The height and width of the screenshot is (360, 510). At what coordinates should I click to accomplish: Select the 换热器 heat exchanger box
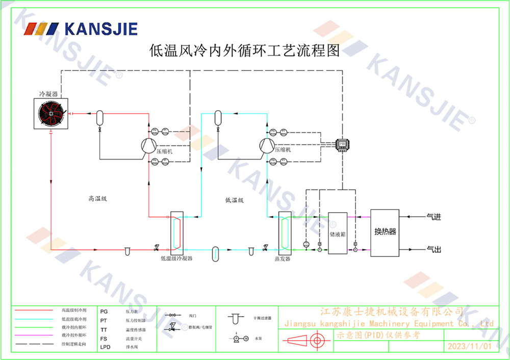[385, 232]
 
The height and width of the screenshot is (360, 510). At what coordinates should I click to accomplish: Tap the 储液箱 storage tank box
[338, 233]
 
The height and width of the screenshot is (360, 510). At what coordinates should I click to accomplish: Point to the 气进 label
[433, 217]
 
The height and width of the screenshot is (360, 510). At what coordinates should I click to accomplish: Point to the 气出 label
[433, 249]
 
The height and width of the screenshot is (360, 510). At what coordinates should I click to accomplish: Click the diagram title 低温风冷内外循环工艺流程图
[244, 51]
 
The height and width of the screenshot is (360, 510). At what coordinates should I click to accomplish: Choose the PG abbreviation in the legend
[104, 311]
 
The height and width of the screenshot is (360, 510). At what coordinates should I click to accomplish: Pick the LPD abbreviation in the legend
[106, 347]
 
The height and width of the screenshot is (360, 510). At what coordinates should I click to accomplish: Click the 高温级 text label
[97, 198]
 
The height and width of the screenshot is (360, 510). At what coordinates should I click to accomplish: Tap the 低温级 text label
[234, 200]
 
